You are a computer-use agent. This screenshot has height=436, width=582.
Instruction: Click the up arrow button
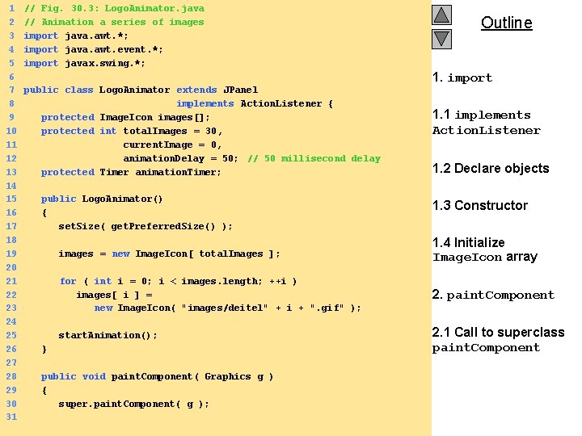tap(441, 15)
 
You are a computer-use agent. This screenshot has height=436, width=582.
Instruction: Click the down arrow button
tap(441, 38)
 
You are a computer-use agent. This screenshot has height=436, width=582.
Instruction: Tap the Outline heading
tap(506, 23)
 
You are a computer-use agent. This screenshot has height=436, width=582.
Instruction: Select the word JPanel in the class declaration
tap(240, 90)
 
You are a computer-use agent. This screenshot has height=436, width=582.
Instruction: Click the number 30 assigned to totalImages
tap(211, 131)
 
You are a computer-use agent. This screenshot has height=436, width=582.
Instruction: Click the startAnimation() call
tap(108, 335)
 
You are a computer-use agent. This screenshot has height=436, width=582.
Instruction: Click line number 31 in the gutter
tap(11, 417)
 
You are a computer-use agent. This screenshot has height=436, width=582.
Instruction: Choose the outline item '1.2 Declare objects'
tap(490, 169)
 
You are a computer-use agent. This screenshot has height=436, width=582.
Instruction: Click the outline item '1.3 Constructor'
tap(479, 206)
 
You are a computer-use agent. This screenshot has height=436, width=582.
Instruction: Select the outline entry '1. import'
tap(462, 78)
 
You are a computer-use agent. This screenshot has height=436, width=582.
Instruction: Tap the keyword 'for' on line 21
tap(68, 281)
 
